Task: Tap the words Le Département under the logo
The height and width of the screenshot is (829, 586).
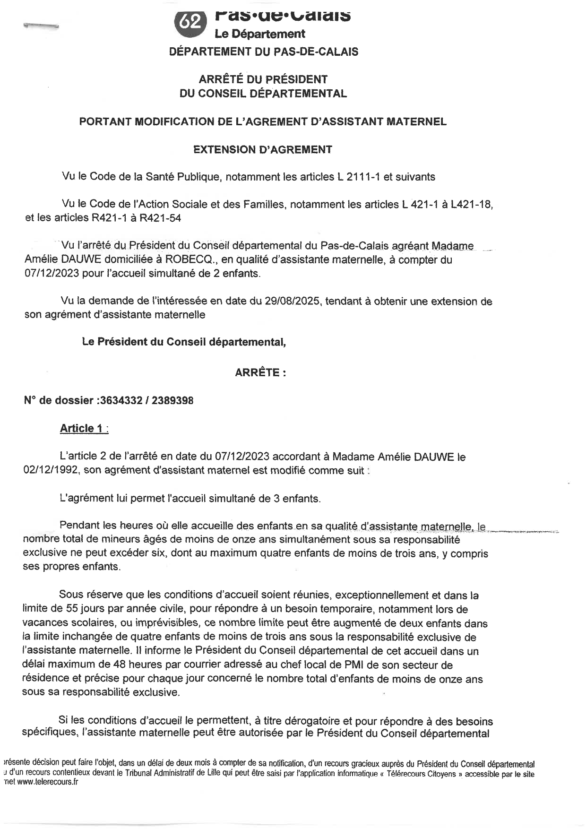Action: click(x=259, y=34)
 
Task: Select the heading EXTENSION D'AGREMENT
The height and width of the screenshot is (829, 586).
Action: click(x=263, y=150)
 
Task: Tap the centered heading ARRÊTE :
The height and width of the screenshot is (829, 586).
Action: click(x=260, y=372)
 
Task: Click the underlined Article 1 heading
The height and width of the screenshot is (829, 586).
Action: click(x=81, y=429)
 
